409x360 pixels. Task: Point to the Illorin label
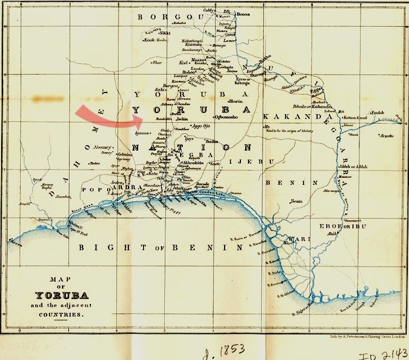[x=235, y=102]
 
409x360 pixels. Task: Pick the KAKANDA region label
[x=289, y=116]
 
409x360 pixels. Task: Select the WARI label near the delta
[x=288, y=238]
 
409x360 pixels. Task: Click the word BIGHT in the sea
[x=104, y=247]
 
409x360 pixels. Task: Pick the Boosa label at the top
[x=243, y=15]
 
